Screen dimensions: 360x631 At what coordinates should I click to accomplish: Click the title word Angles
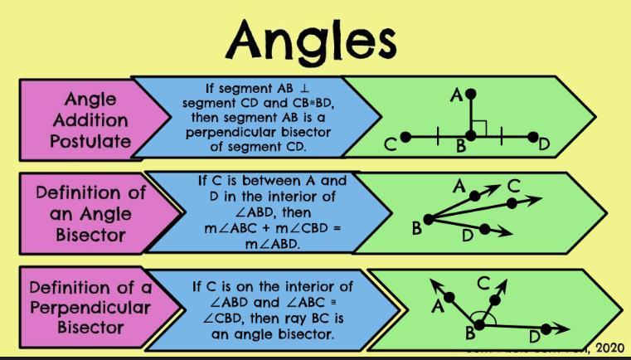315,37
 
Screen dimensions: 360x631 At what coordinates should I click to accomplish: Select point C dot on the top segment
405,135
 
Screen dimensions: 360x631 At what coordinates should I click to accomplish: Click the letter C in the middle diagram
515,186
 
